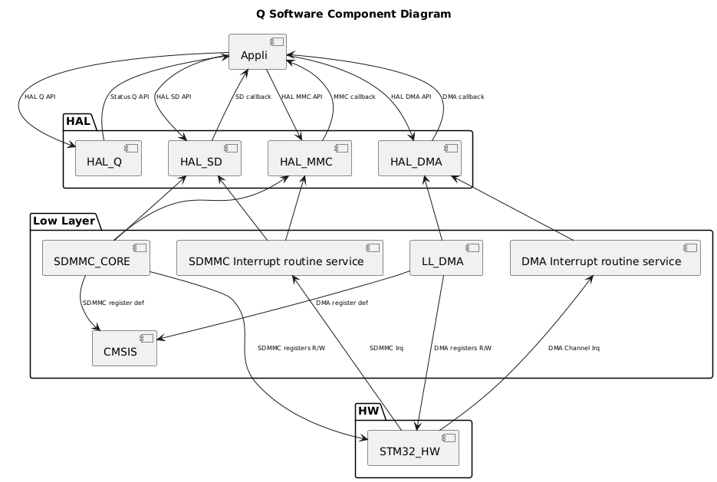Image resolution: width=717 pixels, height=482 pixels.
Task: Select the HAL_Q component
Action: tap(108, 159)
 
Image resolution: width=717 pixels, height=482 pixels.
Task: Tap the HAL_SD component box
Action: tap(205, 159)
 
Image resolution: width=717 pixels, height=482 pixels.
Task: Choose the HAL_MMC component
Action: tap(309, 159)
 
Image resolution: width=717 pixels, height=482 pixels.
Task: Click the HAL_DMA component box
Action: tap(419, 159)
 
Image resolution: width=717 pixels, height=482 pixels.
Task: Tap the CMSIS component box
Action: tap(124, 349)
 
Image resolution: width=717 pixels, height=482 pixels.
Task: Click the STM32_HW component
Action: tap(413, 448)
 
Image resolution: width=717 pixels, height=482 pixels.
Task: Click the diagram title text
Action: tap(357, 14)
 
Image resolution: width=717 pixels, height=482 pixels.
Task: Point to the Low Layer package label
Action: tap(64, 221)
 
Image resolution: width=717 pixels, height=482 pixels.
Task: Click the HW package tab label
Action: tap(370, 411)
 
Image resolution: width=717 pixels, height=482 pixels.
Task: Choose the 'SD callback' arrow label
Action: tap(253, 97)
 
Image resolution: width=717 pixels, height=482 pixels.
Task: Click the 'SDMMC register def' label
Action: tap(113, 303)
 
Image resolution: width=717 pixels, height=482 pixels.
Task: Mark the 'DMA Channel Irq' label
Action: tap(574, 348)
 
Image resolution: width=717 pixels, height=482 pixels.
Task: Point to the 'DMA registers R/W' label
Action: tap(462, 348)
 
